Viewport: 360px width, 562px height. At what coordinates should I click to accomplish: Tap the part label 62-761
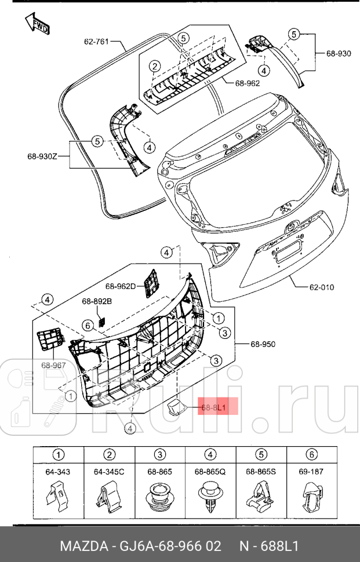point(97,41)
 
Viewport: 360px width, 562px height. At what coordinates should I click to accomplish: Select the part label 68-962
point(248,83)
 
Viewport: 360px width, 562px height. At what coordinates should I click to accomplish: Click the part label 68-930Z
point(42,156)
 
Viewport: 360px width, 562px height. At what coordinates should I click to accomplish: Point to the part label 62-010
point(321,286)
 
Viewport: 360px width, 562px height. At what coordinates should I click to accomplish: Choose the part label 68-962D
point(120,286)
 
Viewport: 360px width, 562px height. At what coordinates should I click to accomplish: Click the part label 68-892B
point(97,301)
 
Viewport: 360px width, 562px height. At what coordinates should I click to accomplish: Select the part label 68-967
point(53,365)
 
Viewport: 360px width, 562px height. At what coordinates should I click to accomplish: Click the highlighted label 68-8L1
point(217,407)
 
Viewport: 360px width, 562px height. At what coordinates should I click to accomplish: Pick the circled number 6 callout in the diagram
point(86,326)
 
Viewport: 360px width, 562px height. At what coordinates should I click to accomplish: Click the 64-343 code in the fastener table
point(58,472)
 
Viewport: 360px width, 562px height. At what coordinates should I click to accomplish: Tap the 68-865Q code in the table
point(210,472)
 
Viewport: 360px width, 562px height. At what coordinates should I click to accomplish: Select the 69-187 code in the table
point(311,472)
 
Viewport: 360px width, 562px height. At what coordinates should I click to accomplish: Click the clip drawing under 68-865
point(160,497)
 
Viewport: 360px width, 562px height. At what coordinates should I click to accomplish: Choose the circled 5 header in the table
point(261,455)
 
